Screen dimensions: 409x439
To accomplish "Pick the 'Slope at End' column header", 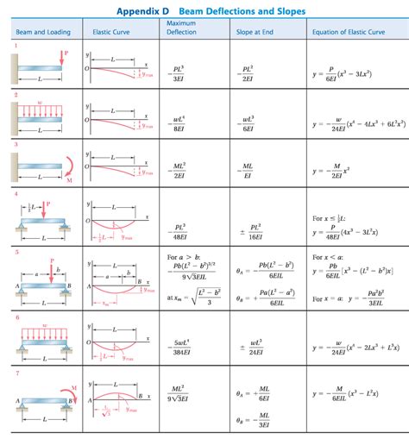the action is tap(255, 32).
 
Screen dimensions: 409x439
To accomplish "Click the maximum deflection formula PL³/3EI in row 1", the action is tap(179, 72).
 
